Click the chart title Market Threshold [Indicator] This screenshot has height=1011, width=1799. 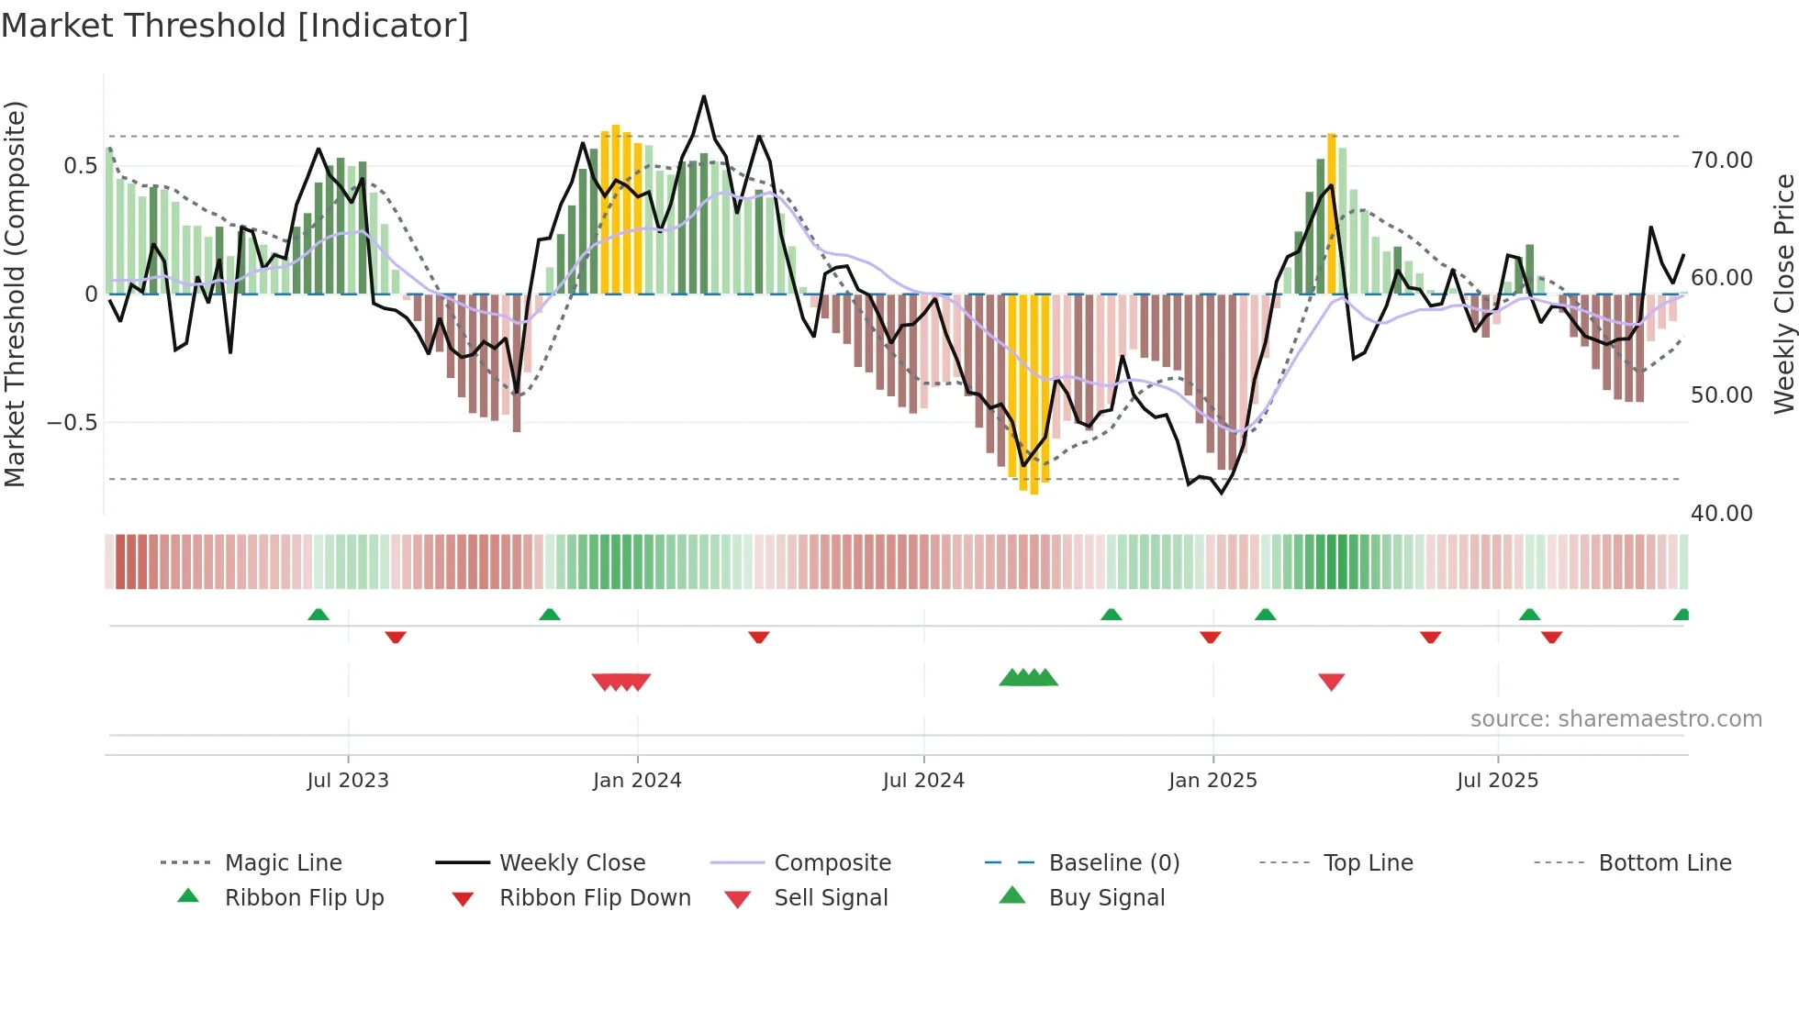[235, 26]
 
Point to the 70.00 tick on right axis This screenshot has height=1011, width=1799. [1722, 161]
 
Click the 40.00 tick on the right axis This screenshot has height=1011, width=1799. [1722, 514]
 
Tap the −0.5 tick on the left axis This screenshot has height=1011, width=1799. [72, 423]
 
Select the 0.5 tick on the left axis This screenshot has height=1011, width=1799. [80, 166]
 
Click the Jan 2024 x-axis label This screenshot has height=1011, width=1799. [637, 781]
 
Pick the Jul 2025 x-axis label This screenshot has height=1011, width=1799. [1497, 781]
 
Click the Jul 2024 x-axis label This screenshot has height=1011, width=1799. [923, 781]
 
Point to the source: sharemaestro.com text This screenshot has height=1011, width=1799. [1615, 719]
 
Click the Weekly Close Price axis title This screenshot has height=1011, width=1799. [1783, 294]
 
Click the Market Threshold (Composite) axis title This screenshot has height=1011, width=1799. [15, 294]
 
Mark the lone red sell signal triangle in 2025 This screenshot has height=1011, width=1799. [1331, 682]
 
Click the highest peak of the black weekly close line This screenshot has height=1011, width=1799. [704, 96]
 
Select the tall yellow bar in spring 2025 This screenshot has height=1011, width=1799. [1331, 213]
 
